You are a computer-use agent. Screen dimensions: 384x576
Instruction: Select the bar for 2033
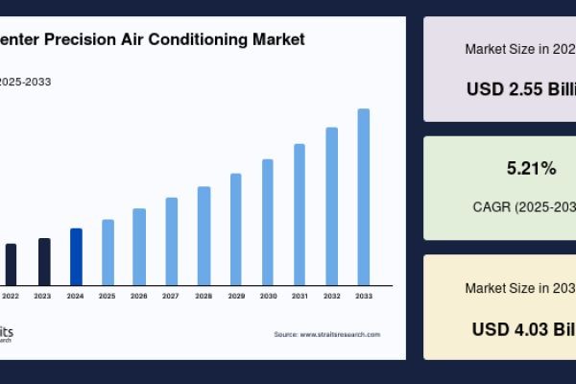pyautogui.click(x=364, y=197)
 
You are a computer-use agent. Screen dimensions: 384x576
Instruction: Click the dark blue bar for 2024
pyautogui.click(x=76, y=256)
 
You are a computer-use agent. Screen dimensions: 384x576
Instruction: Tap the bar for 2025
pyautogui.click(x=108, y=252)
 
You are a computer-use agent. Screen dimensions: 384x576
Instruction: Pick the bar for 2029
pyautogui.click(x=235, y=229)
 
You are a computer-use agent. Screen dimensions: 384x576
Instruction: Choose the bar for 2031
pyautogui.click(x=300, y=214)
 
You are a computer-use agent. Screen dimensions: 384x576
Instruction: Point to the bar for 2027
pyautogui.click(x=172, y=241)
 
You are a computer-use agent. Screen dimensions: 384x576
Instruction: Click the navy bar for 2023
pyautogui.click(x=44, y=261)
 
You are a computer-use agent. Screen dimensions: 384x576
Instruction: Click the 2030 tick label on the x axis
pyautogui.click(x=268, y=296)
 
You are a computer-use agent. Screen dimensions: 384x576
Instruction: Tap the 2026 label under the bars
pyautogui.click(x=139, y=296)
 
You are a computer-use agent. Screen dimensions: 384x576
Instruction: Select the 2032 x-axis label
pyautogui.click(x=331, y=296)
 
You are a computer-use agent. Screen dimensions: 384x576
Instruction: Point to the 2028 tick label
pyautogui.click(x=204, y=296)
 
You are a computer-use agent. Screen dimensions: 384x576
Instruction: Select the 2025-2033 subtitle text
pyautogui.click(x=26, y=82)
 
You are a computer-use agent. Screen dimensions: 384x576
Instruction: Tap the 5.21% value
pyautogui.click(x=531, y=169)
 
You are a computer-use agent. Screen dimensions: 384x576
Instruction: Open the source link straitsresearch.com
pyautogui.click(x=327, y=334)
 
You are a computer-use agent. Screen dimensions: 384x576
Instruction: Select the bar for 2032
pyautogui.click(x=331, y=206)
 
